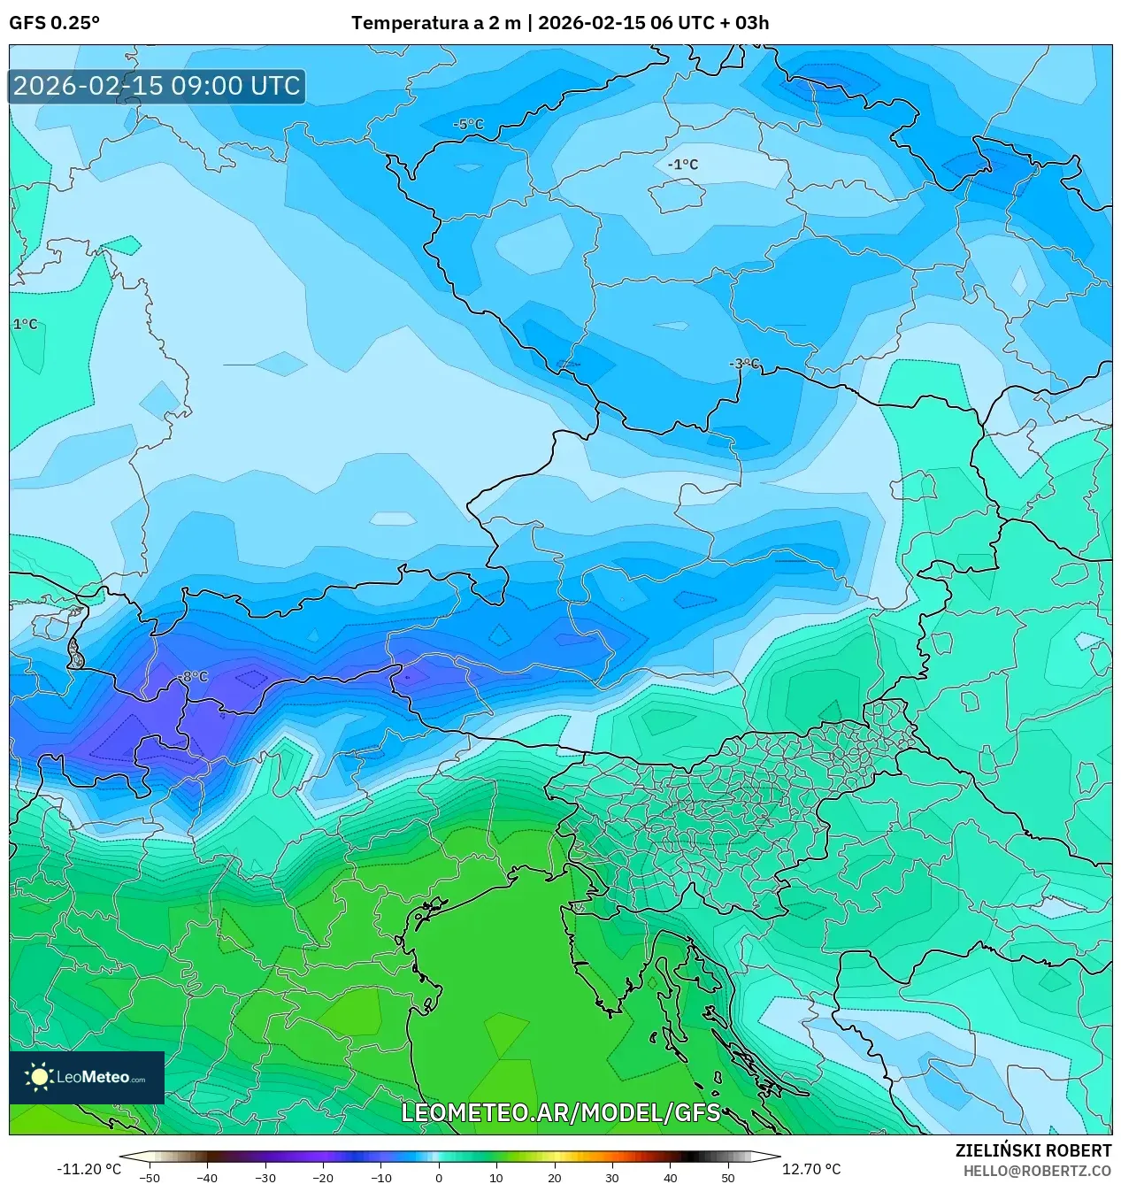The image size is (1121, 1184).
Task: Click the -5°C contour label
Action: click(x=468, y=125)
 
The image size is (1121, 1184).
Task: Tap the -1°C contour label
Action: click(x=682, y=165)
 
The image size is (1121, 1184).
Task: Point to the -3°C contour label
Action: click(x=744, y=364)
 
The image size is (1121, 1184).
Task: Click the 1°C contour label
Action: click(x=25, y=325)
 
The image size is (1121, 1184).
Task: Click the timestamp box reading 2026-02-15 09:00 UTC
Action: click(x=157, y=86)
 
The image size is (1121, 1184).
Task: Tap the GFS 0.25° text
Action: click(x=54, y=23)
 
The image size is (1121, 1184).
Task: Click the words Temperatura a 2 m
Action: click(x=435, y=23)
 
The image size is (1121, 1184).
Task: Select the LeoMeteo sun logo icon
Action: click(x=39, y=1077)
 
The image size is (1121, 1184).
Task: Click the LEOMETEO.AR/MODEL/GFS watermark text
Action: click(x=561, y=1112)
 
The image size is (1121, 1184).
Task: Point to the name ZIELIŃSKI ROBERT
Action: click(x=1033, y=1150)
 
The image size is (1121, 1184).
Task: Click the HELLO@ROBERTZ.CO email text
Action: click(x=1037, y=1170)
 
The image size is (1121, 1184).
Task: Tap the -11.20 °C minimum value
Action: click(x=88, y=1169)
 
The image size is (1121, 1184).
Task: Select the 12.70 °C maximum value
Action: click(x=810, y=1169)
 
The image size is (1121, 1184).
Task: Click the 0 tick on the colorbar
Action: click(x=439, y=1178)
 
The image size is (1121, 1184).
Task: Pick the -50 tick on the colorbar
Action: click(x=150, y=1178)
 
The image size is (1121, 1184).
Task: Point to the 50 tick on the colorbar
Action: click(x=727, y=1178)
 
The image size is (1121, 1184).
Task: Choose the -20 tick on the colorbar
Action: click(x=323, y=1178)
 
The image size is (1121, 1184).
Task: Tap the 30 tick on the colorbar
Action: click(x=612, y=1178)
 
